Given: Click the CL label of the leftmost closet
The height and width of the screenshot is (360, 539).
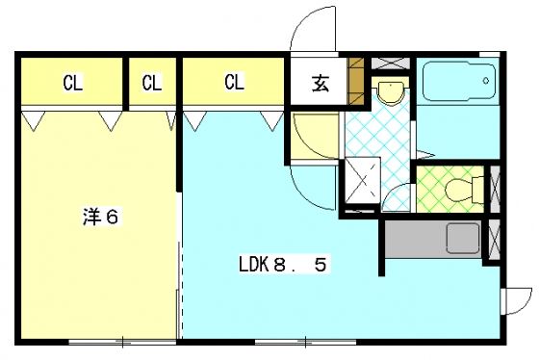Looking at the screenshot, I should [72, 82].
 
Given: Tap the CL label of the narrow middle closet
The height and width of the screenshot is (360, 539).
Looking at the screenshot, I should [151, 82].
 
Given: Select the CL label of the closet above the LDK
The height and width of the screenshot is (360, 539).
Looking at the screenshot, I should [234, 82].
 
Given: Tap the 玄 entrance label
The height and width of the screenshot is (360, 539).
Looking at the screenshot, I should [319, 83].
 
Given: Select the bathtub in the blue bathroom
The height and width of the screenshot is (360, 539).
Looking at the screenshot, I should [458, 83].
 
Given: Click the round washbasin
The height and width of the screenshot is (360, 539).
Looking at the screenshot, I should [389, 92].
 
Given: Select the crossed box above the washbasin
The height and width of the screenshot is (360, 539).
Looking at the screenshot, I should [389, 62].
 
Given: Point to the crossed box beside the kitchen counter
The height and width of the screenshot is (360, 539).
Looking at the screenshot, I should [495, 238].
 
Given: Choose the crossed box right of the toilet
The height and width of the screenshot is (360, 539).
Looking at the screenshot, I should [495, 188].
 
